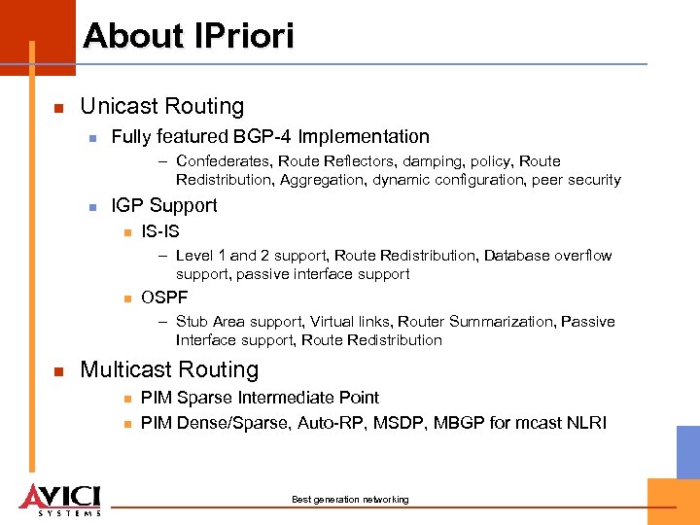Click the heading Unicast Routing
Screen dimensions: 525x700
pos(161,106)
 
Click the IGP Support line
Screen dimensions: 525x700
pos(164,205)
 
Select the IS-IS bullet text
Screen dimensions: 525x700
pos(160,231)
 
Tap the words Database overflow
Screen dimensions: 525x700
pos(547,256)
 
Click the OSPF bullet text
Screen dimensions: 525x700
pos(164,297)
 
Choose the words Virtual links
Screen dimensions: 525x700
pos(355,322)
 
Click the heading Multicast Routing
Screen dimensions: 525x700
pos(169,369)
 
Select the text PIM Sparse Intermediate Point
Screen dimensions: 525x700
pos(260,398)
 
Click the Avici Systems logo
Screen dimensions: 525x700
pos(59,499)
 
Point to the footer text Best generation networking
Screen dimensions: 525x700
pos(350,500)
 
